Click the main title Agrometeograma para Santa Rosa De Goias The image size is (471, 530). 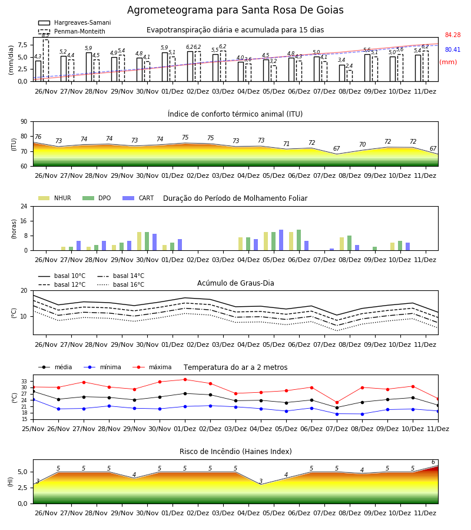[x=235, y=10]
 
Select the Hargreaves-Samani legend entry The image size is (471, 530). [x=75, y=22]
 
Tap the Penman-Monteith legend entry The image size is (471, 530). [x=72, y=31]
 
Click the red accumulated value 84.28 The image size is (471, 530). [x=453, y=35]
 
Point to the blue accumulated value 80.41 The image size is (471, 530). [x=453, y=49]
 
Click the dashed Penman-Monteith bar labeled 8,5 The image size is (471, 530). [x=45, y=61]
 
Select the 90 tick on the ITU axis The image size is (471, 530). [x=24, y=121]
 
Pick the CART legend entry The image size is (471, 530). [x=138, y=198]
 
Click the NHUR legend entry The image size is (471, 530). [x=54, y=198]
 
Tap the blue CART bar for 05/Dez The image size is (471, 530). [x=281, y=240]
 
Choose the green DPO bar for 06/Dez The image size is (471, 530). [x=298, y=240]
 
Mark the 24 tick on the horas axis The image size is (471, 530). [x=24, y=206]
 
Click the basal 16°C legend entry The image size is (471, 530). [x=121, y=284]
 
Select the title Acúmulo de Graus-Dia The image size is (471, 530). [x=235, y=283]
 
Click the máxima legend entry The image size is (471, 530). [x=152, y=367]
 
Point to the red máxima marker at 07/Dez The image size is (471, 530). [x=337, y=403]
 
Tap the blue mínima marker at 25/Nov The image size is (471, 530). [x=33, y=399]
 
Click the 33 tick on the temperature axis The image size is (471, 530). [x=24, y=381]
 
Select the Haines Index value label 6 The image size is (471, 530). [x=433, y=462]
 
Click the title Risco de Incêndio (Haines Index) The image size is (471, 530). [x=235, y=451]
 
